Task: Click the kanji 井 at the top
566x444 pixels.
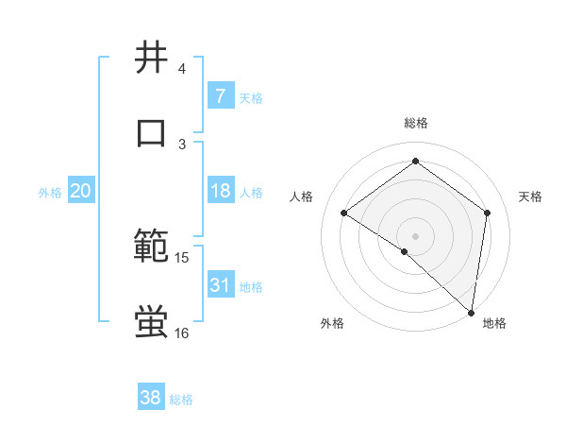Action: (152, 58)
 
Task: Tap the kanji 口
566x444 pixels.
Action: (152, 131)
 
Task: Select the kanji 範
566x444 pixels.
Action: (152, 247)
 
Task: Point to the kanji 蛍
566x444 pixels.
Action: (152, 321)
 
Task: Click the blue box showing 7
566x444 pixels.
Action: (220, 96)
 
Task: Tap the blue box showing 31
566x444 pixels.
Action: (220, 285)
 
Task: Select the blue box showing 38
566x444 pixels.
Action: (151, 399)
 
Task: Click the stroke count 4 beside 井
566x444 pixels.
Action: (182, 69)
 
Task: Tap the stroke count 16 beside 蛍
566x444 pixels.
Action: (182, 333)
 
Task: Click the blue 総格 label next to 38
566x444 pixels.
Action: (182, 400)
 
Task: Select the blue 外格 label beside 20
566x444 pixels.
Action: (50, 193)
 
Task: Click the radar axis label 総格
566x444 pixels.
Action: (416, 123)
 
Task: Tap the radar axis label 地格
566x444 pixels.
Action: (494, 323)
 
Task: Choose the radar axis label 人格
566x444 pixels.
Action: (302, 196)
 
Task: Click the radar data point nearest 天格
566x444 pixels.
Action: (488, 213)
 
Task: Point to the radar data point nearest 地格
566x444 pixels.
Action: (471, 311)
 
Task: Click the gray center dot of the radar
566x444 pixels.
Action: (416, 235)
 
